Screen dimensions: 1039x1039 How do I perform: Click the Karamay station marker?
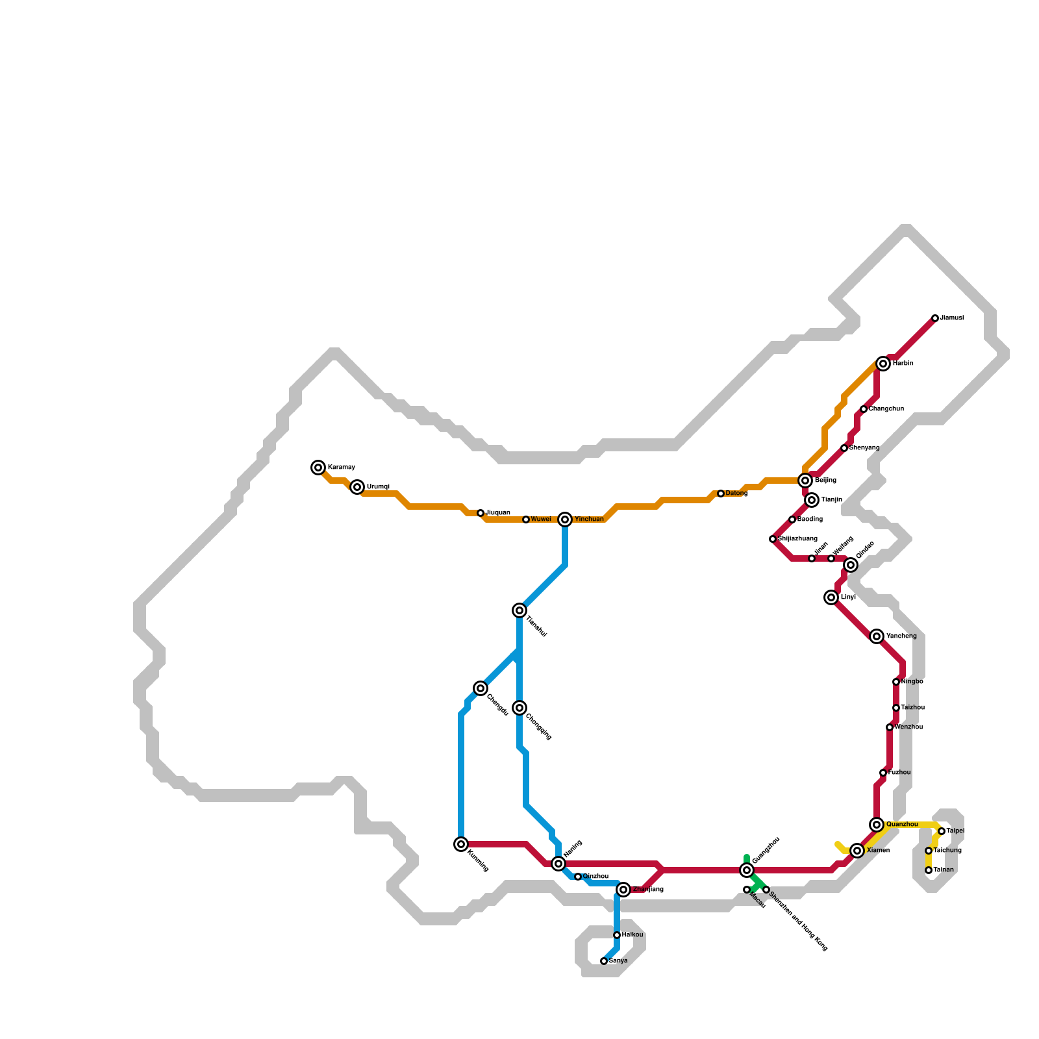[318, 468]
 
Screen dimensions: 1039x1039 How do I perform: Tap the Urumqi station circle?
[357, 487]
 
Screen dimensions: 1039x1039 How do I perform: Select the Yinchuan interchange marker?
[565, 519]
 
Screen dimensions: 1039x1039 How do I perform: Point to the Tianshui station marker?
[519, 610]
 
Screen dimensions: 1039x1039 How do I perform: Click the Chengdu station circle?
[481, 688]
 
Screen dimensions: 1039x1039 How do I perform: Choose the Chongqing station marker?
[519, 708]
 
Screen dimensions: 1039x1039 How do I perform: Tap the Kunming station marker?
[461, 844]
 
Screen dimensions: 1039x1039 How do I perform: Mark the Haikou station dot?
[617, 935]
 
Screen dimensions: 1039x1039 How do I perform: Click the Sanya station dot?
[604, 961]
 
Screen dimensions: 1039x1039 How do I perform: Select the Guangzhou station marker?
[747, 870]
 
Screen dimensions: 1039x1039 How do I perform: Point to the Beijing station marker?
[805, 481]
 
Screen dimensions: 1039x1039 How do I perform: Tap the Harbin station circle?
[883, 364]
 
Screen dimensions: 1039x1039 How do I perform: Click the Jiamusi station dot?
[935, 318]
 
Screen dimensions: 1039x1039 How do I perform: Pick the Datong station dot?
[721, 494]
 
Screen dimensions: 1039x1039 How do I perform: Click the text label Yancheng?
[901, 636]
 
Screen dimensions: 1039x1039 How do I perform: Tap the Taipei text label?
[955, 831]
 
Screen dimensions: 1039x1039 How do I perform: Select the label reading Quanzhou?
[902, 825]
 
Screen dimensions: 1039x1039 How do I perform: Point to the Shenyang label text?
[864, 448]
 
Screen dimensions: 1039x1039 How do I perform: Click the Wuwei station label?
[541, 519]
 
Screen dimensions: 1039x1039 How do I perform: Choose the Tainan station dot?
[929, 870]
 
